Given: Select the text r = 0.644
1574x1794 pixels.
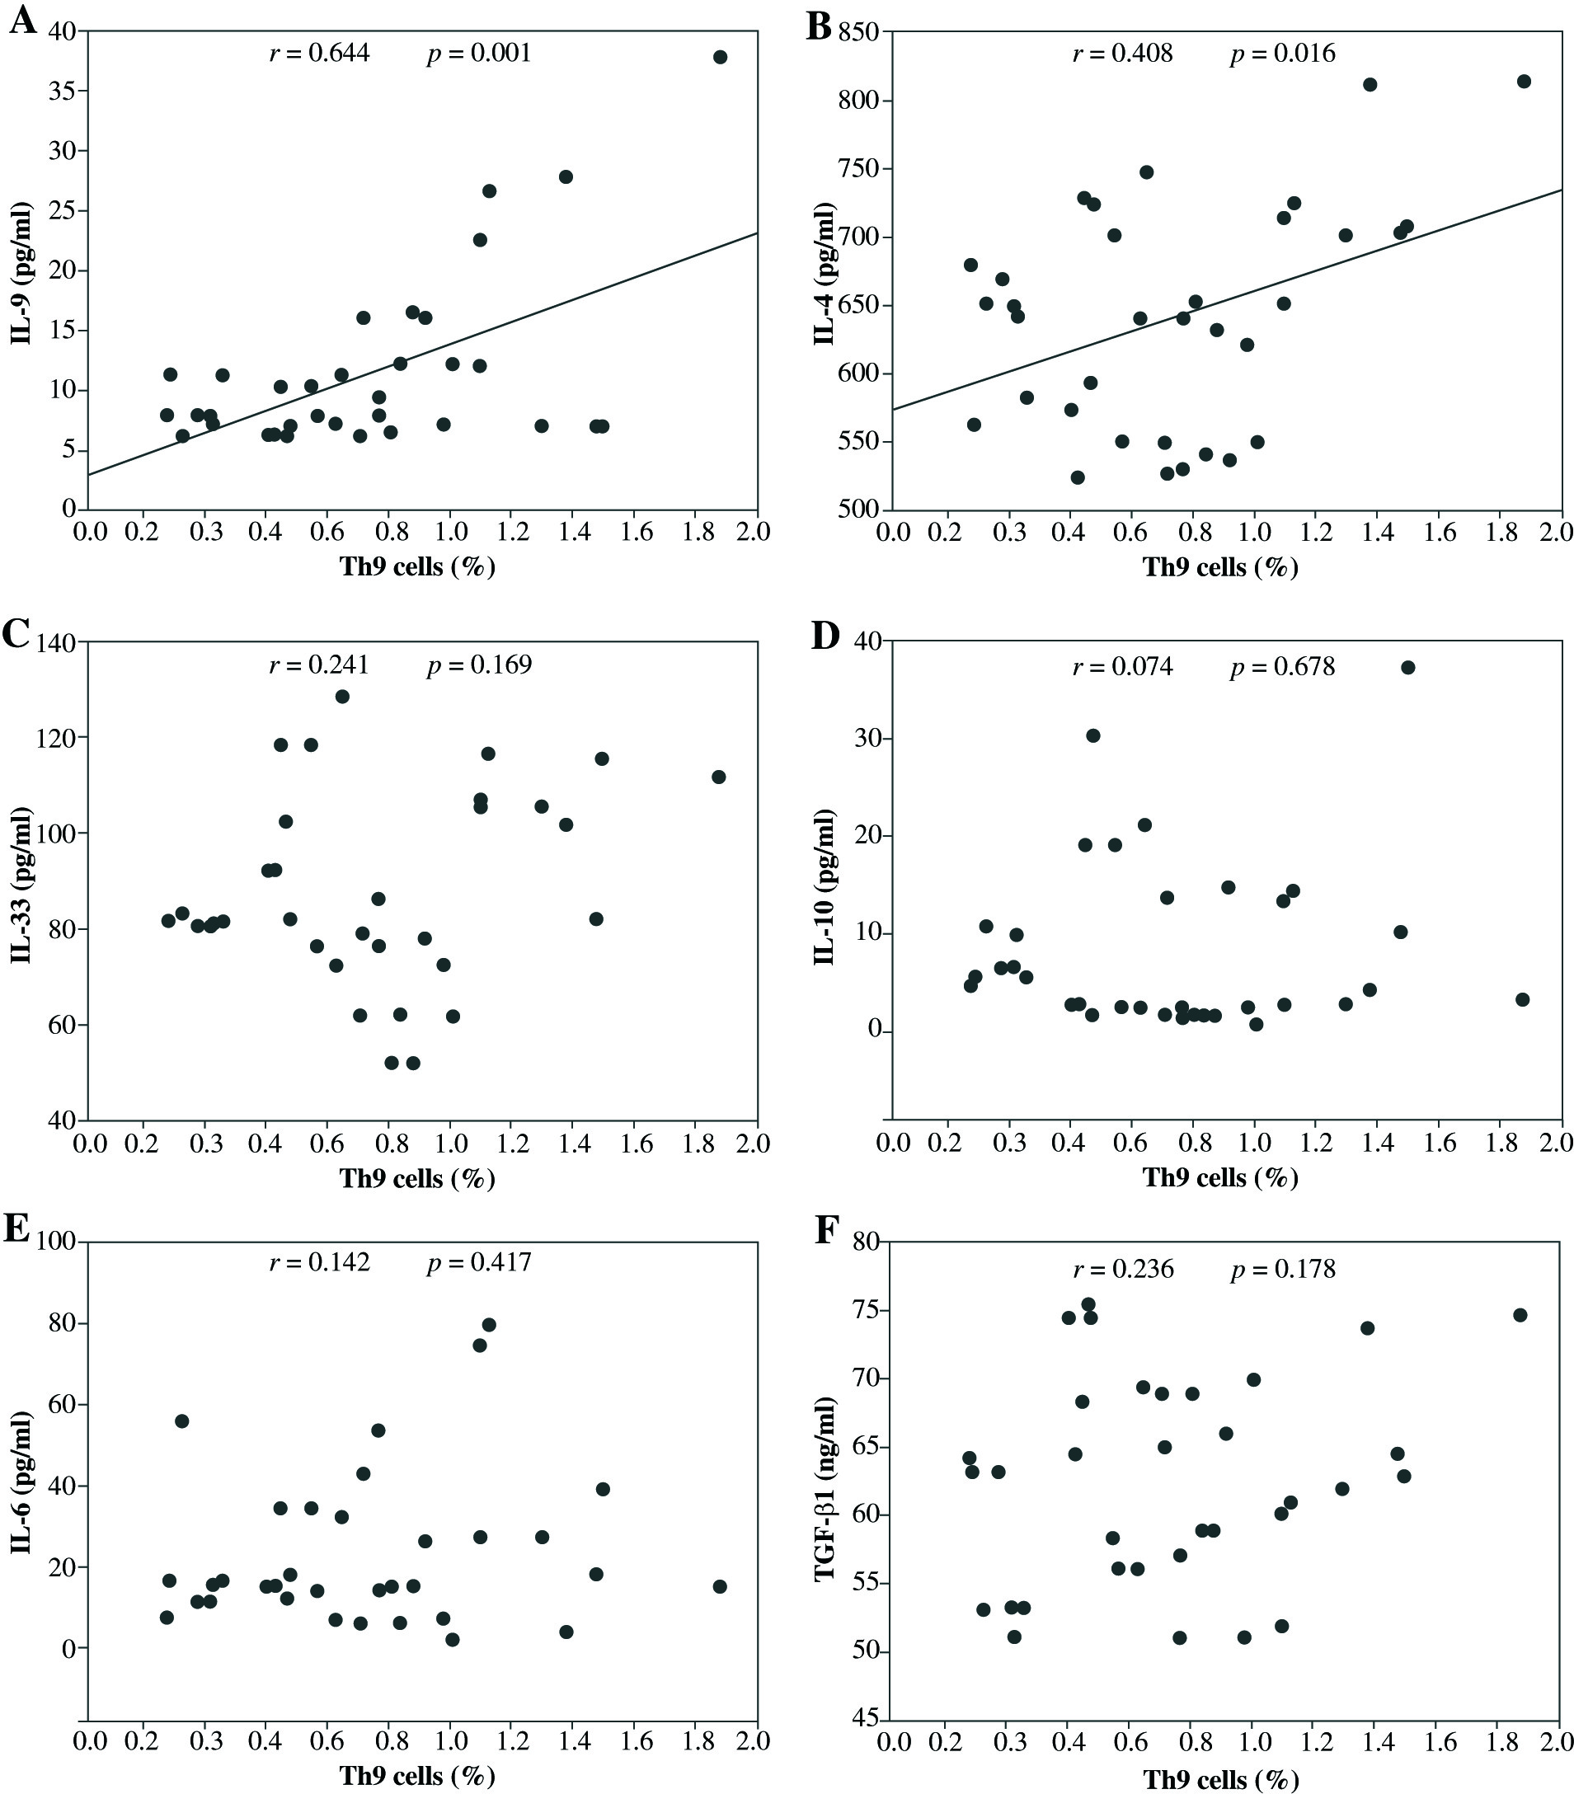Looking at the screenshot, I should pos(320,54).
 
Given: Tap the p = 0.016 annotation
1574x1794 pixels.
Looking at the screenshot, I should pos(1283,54).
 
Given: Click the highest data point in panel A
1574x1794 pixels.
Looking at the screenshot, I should pos(720,57).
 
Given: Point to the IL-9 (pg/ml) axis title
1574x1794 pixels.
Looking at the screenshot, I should pos(22,274).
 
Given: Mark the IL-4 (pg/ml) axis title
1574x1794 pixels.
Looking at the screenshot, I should pos(825,274).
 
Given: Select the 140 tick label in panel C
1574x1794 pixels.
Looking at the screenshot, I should pos(57,643).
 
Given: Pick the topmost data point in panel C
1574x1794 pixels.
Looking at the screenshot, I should pos(342,697).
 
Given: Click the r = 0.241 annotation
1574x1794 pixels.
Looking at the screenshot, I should pos(320,665).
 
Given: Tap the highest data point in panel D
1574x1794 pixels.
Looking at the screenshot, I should pos(1408,667).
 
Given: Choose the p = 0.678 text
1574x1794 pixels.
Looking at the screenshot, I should pos(1283,667).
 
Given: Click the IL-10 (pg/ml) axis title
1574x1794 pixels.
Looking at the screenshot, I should pos(825,886).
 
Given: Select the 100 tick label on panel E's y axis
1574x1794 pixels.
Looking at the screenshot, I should pos(57,1242).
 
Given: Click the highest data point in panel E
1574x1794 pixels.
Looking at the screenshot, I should pos(489,1324).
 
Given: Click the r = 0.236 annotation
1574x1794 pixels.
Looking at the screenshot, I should pos(1123,1269).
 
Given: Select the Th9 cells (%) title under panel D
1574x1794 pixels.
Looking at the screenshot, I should pos(1220,1178).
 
